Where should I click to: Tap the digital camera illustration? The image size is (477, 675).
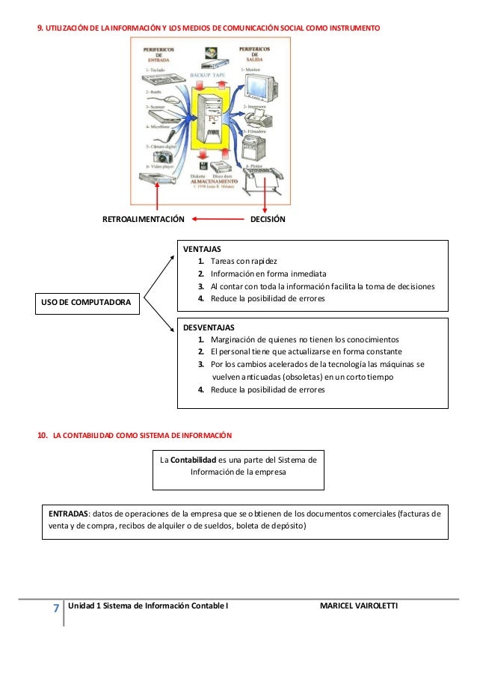pos(153,157)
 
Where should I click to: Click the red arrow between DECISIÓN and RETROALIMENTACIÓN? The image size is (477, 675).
pos(216,220)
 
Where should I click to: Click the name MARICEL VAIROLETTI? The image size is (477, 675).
pos(359,605)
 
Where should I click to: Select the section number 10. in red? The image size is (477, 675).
pos(43,434)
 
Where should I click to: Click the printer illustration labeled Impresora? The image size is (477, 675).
pos(262,119)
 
